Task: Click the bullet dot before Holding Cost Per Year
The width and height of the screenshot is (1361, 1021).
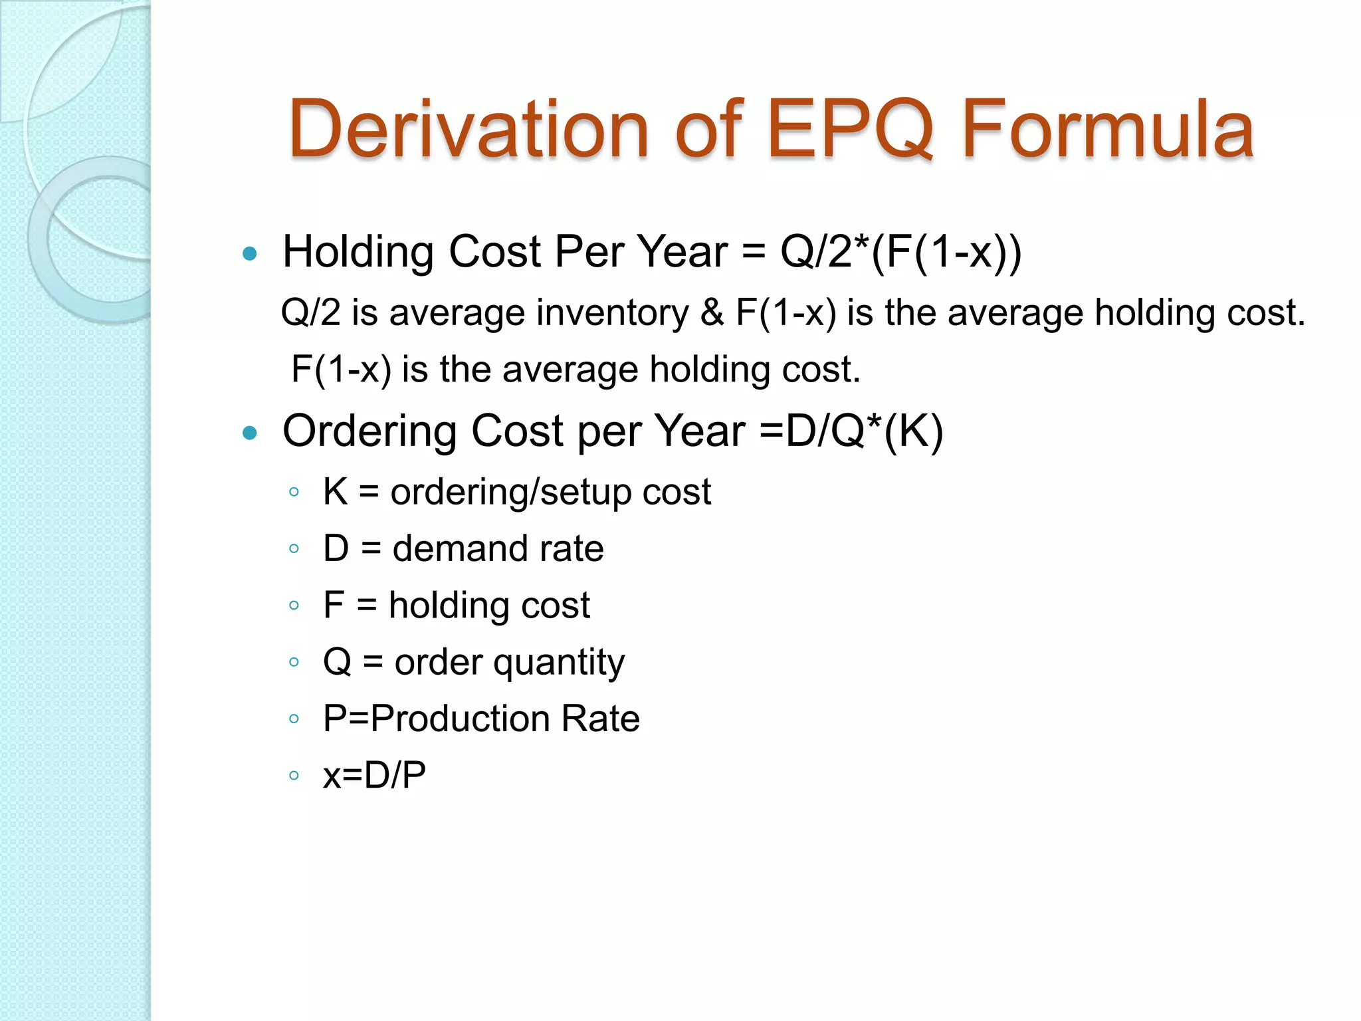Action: point(250,253)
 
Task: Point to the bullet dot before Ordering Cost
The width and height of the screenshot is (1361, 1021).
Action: point(250,433)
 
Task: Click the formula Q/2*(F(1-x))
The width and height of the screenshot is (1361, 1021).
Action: point(900,252)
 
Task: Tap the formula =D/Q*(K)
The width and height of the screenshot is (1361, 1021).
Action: point(851,431)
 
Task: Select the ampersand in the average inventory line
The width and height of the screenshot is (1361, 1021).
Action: point(712,312)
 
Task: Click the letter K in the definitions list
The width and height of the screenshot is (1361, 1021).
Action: point(336,492)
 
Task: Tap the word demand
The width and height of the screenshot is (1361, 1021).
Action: point(459,549)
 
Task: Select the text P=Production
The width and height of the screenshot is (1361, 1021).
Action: point(436,719)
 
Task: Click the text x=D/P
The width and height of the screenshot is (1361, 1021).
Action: point(374,775)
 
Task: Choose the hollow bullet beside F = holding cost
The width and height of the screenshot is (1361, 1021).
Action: point(294,606)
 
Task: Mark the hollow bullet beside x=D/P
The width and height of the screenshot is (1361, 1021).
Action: point(294,775)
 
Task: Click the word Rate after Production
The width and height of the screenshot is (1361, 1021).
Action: point(600,719)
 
